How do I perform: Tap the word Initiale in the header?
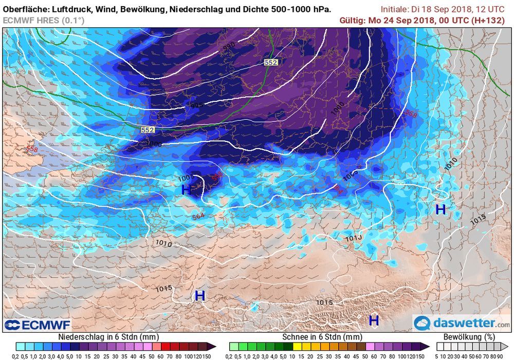[396, 9]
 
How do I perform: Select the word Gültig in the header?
[353, 20]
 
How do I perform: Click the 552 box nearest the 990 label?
[271, 62]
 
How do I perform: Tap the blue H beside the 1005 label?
[186, 190]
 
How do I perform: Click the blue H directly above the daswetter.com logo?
[374, 320]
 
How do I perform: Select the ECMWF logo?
[37, 325]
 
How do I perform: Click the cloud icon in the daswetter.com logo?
[423, 323]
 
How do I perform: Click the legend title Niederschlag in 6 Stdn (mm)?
[109, 337]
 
